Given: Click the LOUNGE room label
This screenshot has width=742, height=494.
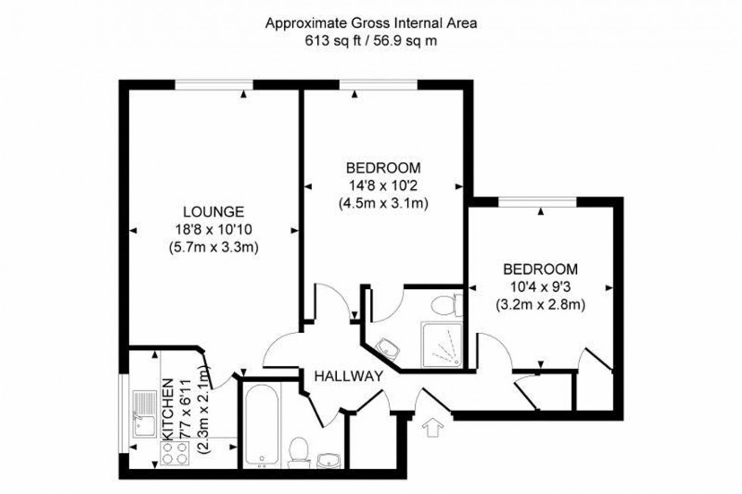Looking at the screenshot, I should pos(214,211).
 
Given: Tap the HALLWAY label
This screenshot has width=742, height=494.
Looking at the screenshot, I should pos(348,375).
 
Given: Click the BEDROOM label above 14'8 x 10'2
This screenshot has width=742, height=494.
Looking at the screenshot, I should pos(382,167).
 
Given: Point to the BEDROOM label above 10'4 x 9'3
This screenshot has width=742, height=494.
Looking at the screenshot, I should pos(541,269).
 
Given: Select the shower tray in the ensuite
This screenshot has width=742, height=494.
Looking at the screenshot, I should pos(441,343).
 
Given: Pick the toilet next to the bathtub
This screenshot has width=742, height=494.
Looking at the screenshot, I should pos(298,449).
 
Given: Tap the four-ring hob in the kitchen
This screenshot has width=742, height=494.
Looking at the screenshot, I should pos(177,452).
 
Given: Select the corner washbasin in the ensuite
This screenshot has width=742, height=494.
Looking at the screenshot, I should pos(389,348).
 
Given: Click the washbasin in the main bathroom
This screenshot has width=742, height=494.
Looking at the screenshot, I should pos(328,458).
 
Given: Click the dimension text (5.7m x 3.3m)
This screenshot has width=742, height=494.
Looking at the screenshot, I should pos(214,247).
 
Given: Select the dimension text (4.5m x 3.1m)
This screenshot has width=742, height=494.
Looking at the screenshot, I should pos(382,204).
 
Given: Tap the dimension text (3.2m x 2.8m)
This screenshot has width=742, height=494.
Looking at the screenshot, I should pos(541,305).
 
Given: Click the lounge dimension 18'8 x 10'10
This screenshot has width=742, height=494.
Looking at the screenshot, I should pos(214,229).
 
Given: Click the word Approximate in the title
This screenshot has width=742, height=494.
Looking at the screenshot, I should pos(297,23).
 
